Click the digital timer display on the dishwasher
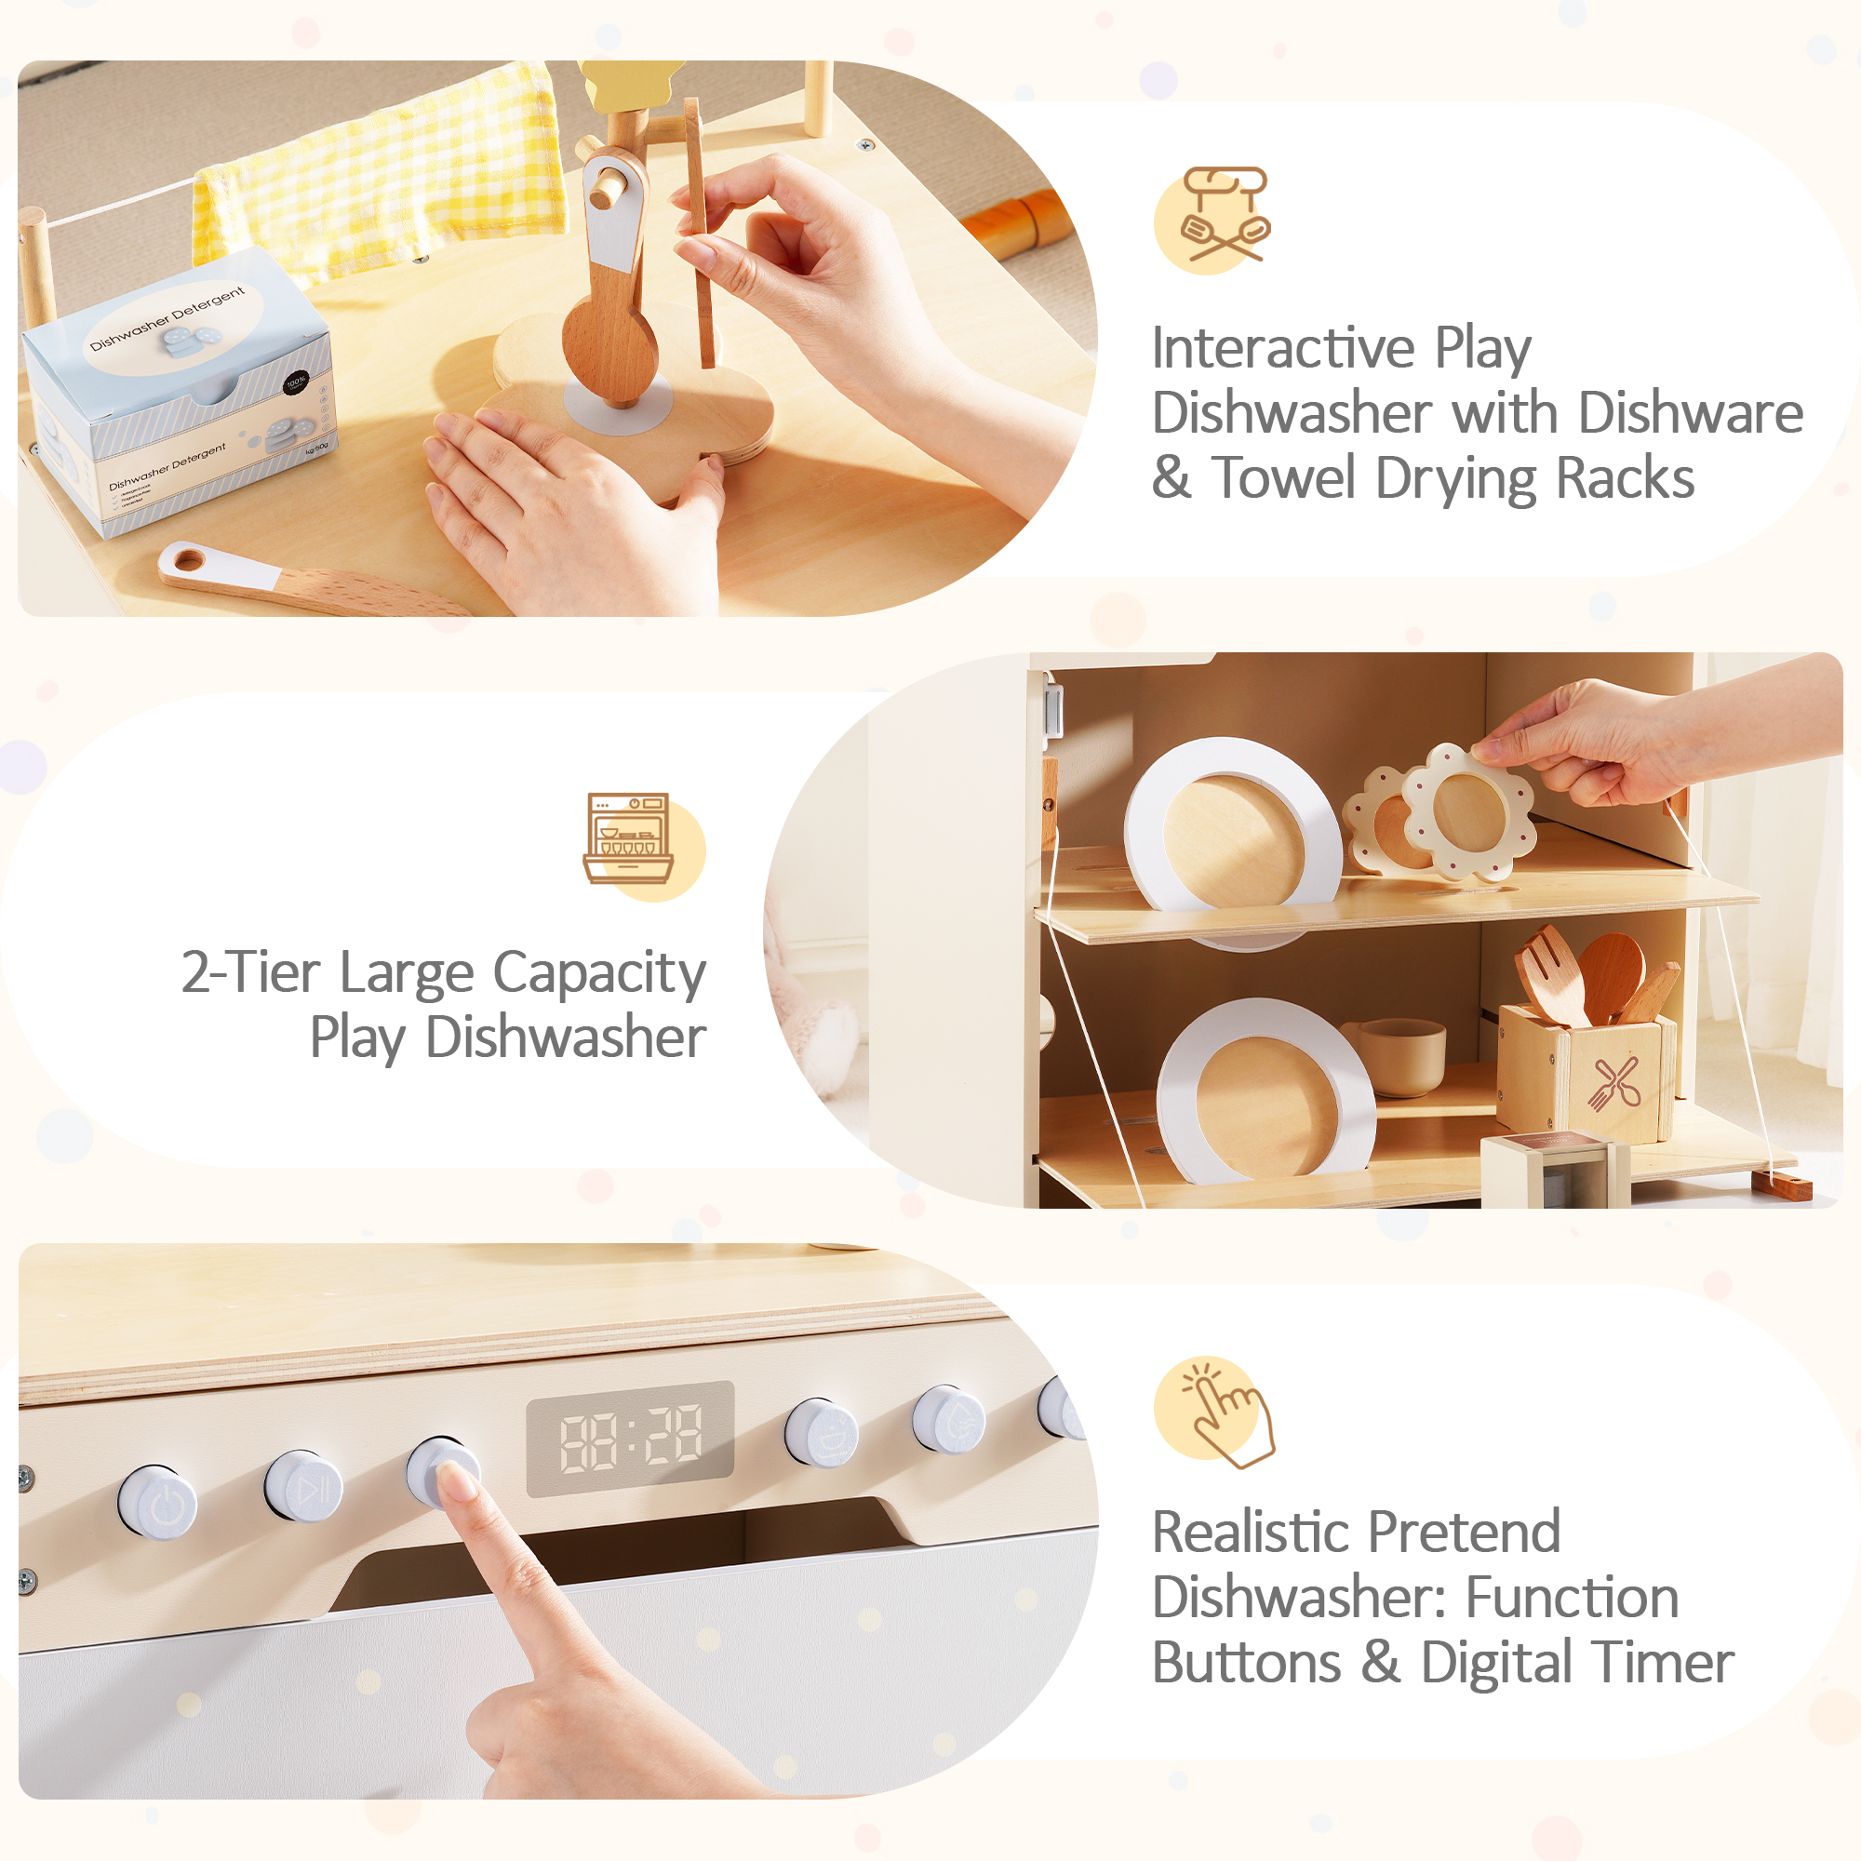click(630, 1439)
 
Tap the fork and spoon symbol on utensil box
click(1614, 1084)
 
